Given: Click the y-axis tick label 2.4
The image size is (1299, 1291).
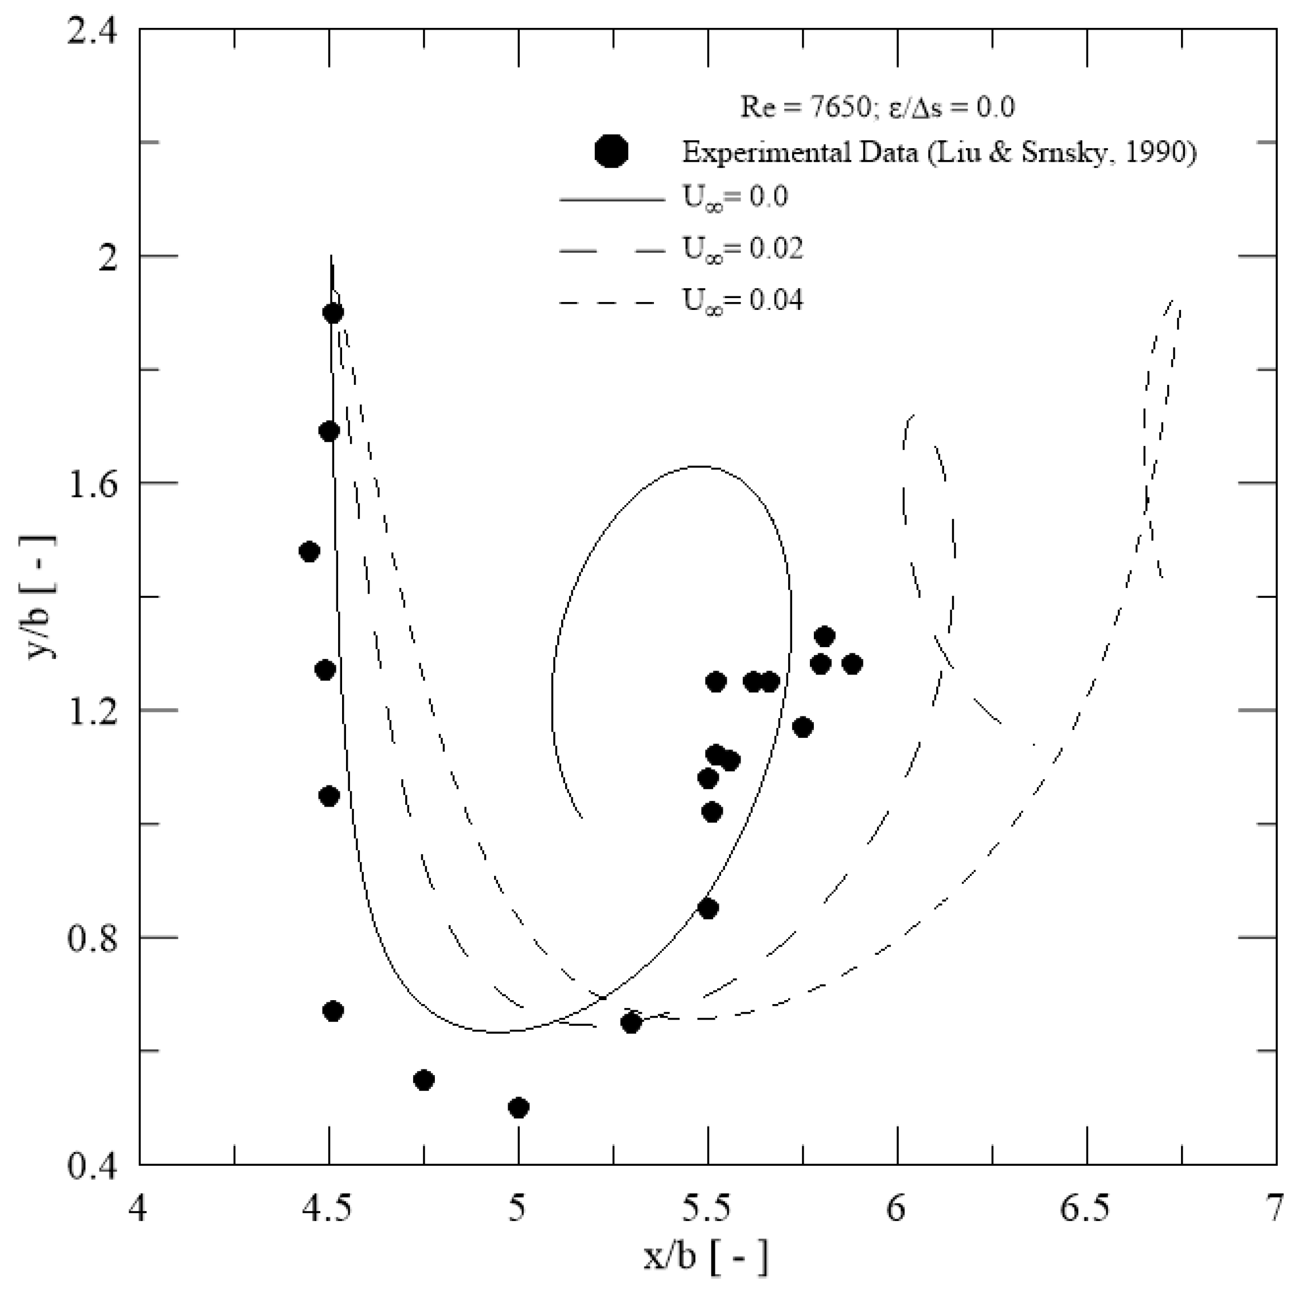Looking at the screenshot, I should [97, 30].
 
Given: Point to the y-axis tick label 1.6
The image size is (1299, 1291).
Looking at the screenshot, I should [97, 483].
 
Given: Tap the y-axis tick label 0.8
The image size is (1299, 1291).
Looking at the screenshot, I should [97, 937].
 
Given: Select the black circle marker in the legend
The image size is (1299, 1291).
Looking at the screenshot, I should [611, 152].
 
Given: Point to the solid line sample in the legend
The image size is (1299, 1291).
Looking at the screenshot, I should [611, 199].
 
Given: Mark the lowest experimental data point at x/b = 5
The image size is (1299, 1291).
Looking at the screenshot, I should [518, 1108].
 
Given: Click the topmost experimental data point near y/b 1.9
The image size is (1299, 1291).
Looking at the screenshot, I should [333, 313].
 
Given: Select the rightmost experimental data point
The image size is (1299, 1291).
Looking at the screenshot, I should [852, 664].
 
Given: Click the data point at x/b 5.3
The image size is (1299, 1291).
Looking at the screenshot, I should [630, 1023].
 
